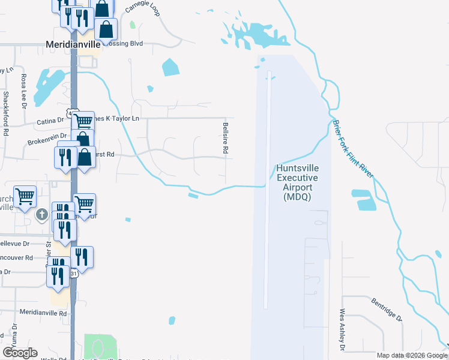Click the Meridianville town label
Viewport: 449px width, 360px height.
[73, 44]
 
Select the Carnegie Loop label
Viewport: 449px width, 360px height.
[142, 8]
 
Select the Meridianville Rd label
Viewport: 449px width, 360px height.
[43, 313]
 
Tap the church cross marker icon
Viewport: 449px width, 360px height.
[41, 214]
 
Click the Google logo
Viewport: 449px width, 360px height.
[20, 353]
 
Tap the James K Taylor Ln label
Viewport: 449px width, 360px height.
[118, 119]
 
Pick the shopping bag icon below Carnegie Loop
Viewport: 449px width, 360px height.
[106, 29]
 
